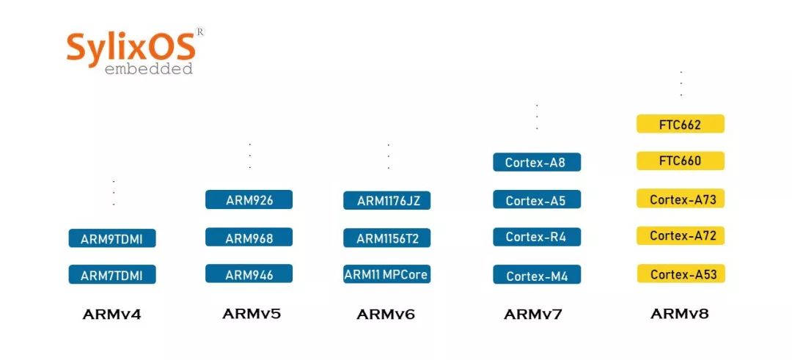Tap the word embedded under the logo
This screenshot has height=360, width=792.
(x=149, y=69)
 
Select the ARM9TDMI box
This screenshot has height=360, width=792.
(x=112, y=238)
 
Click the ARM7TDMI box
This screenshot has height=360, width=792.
(x=112, y=276)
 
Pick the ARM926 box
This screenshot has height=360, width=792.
(x=249, y=199)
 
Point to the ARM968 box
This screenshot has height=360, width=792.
(x=249, y=238)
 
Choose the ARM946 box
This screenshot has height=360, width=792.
(x=249, y=275)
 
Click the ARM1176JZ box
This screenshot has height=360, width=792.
(x=386, y=201)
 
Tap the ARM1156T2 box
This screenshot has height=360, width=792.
(x=386, y=238)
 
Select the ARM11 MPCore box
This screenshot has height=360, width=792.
(x=386, y=275)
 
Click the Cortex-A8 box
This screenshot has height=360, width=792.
(x=537, y=162)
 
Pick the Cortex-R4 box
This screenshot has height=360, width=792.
(x=537, y=237)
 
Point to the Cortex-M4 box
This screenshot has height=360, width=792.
(x=537, y=276)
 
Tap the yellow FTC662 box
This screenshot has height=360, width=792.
(x=680, y=124)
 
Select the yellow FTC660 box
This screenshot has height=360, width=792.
(x=680, y=161)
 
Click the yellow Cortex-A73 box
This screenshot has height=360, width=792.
(x=680, y=199)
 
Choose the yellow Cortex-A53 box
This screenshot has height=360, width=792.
(x=680, y=274)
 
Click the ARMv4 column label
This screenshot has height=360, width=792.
(x=111, y=315)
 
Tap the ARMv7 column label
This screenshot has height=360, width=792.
(x=533, y=315)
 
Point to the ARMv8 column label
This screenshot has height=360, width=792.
(x=679, y=314)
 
